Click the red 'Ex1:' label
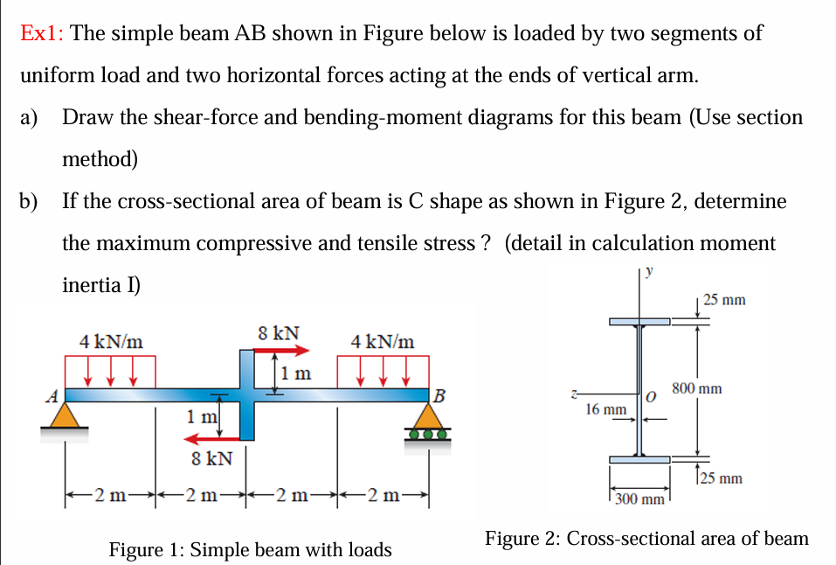click(43, 34)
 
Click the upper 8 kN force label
click(279, 333)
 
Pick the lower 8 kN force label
click(211, 457)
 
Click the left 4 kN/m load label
click(111, 341)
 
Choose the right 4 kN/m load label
click(382, 341)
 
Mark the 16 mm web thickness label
click(605, 408)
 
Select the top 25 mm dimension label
click(724, 300)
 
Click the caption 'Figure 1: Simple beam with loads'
click(250, 549)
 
